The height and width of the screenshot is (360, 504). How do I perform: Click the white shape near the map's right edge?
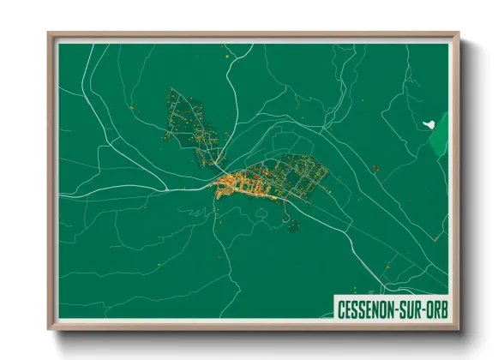click(x=429, y=123)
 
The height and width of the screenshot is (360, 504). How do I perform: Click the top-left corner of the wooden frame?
click(x=49, y=34)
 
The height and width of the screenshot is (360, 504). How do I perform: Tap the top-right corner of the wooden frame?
click(x=458, y=34)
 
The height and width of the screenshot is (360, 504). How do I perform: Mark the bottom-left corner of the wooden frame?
click(x=49, y=329)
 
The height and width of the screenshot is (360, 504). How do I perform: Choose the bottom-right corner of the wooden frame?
click(x=458, y=329)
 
